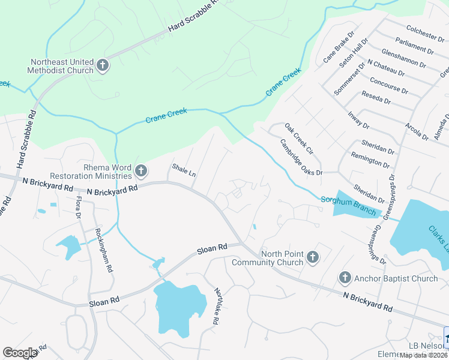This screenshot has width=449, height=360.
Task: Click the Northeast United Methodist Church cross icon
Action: click(x=103, y=65)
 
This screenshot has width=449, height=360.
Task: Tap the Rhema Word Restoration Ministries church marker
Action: click(x=140, y=172)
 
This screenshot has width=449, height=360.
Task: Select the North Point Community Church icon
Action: click(x=312, y=258)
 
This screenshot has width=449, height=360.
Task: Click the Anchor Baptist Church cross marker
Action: click(x=345, y=278)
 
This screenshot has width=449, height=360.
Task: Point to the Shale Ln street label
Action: click(x=184, y=170)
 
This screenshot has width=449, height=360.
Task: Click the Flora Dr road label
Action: click(x=78, y=207)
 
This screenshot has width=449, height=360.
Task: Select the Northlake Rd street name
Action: click(x=216, y=306)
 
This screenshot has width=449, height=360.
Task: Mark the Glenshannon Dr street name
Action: click(x=403, y=58)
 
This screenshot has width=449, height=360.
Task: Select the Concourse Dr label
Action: click(x=388, y=85)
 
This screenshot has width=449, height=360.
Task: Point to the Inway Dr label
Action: click(x=358, y=119)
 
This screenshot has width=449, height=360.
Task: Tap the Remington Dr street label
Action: click(x=370, y=161)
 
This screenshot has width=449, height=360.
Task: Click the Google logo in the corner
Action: click(x=20, y=353)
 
